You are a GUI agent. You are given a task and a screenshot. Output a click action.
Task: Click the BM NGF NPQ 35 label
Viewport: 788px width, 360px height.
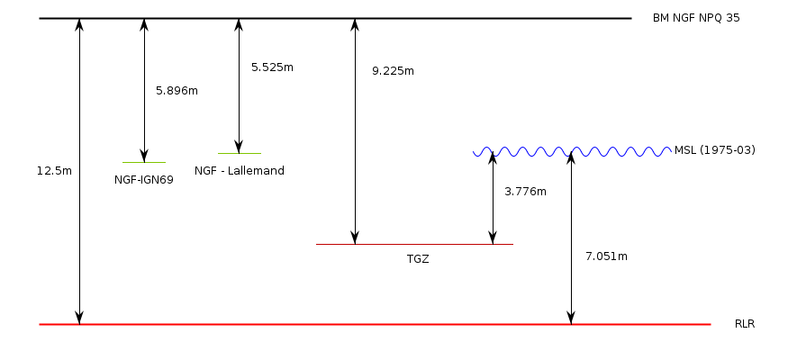pos(696,18)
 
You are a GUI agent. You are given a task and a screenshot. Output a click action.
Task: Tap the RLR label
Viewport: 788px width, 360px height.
pos(745,324)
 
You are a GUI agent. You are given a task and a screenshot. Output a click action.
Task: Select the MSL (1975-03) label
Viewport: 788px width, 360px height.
pos(714,149)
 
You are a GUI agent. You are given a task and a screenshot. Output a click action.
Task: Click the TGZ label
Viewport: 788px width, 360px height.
pos(418,259)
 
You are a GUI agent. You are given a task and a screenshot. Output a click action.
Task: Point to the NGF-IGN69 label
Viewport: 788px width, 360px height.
pos(143,179)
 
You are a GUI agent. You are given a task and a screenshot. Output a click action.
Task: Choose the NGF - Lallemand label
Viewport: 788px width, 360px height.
pos(240,170)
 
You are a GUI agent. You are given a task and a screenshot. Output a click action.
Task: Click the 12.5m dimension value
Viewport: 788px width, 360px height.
pos(54,170)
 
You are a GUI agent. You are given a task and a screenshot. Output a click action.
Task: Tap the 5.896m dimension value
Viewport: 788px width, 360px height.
pos(177,91)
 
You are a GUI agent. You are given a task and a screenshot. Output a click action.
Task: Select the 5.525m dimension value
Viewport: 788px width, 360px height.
pos(272,67)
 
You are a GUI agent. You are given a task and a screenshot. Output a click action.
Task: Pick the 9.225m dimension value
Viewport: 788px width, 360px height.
pos(393,70)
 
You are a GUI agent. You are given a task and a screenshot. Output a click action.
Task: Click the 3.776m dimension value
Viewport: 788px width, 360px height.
pos(525,191)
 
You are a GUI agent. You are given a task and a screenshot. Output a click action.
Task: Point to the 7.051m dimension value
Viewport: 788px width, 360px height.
pos(606,256)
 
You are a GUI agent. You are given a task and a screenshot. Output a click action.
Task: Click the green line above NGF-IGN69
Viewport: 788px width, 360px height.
pos(144,162)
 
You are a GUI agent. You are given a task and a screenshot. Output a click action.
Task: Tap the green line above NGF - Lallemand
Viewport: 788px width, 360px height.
pos(239,153)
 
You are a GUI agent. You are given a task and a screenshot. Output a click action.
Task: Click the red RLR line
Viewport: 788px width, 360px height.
pos(360,324)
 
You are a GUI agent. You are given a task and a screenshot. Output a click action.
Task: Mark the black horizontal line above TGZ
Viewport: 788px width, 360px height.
pos(414,244)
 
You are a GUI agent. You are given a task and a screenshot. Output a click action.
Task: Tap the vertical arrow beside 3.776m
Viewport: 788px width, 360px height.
pos(493,198)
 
